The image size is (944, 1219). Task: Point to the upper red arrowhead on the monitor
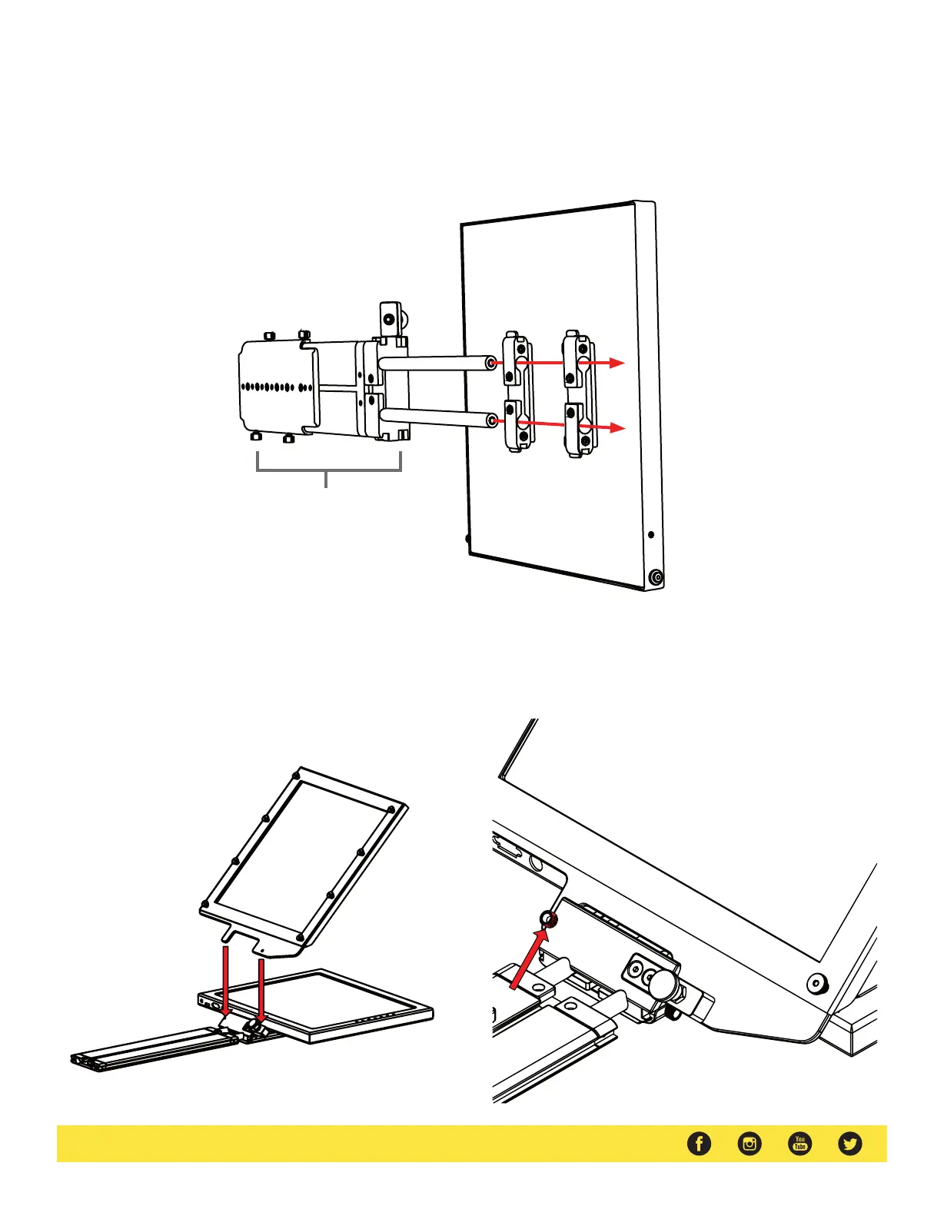pos(617,363)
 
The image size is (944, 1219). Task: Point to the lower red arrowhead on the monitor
pos(617,427)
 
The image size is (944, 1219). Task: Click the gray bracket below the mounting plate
pos(328,470)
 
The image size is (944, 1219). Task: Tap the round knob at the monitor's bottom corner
pos(656,577)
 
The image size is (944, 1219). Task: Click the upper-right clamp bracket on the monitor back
pos(578,360)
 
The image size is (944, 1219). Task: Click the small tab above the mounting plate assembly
pos(390,319)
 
